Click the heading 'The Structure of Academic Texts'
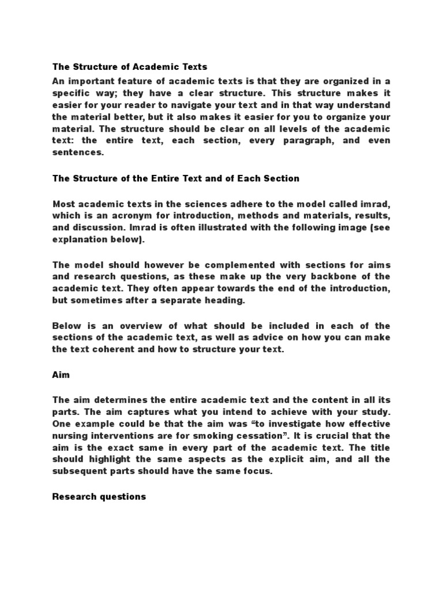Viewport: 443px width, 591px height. point(130,67)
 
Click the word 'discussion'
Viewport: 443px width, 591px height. point(99,227)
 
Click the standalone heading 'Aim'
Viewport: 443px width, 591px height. point(61,375)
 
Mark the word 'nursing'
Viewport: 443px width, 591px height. point(73,436)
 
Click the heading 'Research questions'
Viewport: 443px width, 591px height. point(99,497)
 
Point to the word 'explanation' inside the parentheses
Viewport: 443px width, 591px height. point(79,240)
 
